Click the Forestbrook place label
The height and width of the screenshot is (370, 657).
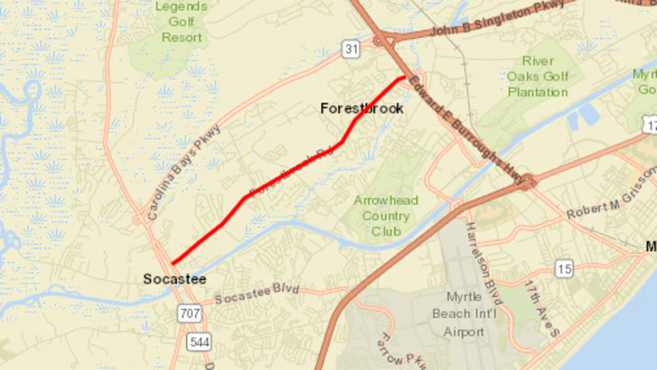point(362,108)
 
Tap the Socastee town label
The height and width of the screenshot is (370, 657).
point(175,279)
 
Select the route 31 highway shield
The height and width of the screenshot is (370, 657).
point(352,49)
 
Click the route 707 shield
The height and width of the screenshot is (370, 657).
point(189,313)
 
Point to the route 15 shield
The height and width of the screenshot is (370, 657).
point(564,269)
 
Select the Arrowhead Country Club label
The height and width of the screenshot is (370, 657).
point(386,215)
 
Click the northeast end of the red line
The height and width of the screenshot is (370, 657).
point(404,78)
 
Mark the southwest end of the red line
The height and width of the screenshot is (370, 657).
point(173,264)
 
